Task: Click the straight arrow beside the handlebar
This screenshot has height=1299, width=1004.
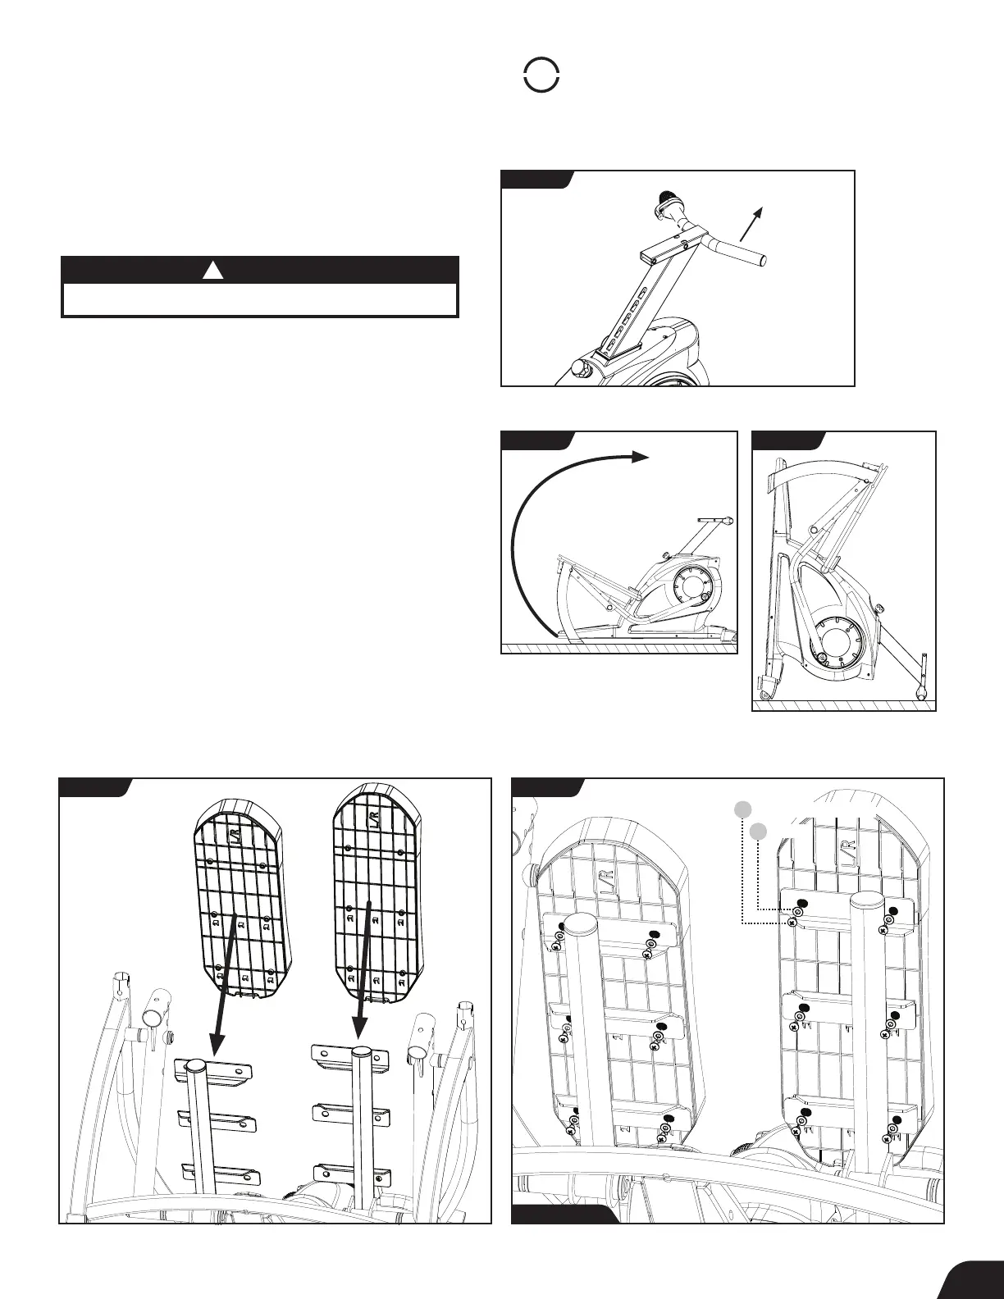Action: tap(751, 223)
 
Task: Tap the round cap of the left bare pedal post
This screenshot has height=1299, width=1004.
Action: tap(195, 1065)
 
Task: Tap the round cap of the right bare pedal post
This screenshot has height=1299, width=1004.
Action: tap(361, 1051)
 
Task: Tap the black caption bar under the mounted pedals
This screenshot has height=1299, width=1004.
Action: tap(564, 1215)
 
